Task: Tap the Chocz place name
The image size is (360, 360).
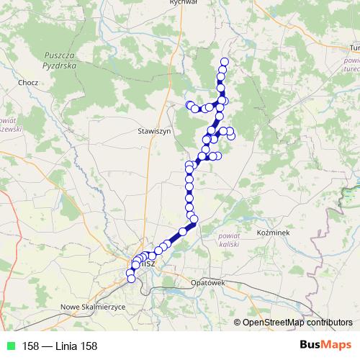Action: pyautogui.click(x=29, y=83)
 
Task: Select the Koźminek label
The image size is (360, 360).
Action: pyautogui.click(x=272, y=233)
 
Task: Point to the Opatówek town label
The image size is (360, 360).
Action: pyautogui.click(x=208, y=283)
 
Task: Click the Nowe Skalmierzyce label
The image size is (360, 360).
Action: pyautogui.click(x=94, y=307)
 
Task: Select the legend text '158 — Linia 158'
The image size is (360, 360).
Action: pyautogui.click(x=60, y=346)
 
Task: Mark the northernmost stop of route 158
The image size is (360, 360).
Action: pyautogui.click(x=225, y=61)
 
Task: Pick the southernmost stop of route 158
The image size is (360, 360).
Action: pyautogui.click(x=131, y=279)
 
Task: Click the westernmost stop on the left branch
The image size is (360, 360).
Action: pyautogui.click(x=189, y=105)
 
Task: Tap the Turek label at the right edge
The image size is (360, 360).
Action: pyautogui.click(x=354, y=47)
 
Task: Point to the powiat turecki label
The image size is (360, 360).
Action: pyautogui.click(x=351, y=66)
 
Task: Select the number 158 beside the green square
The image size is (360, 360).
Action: pyautogui.click(x=31, y=346)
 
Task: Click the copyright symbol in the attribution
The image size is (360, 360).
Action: pyautogui.click(x=238, y=323)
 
